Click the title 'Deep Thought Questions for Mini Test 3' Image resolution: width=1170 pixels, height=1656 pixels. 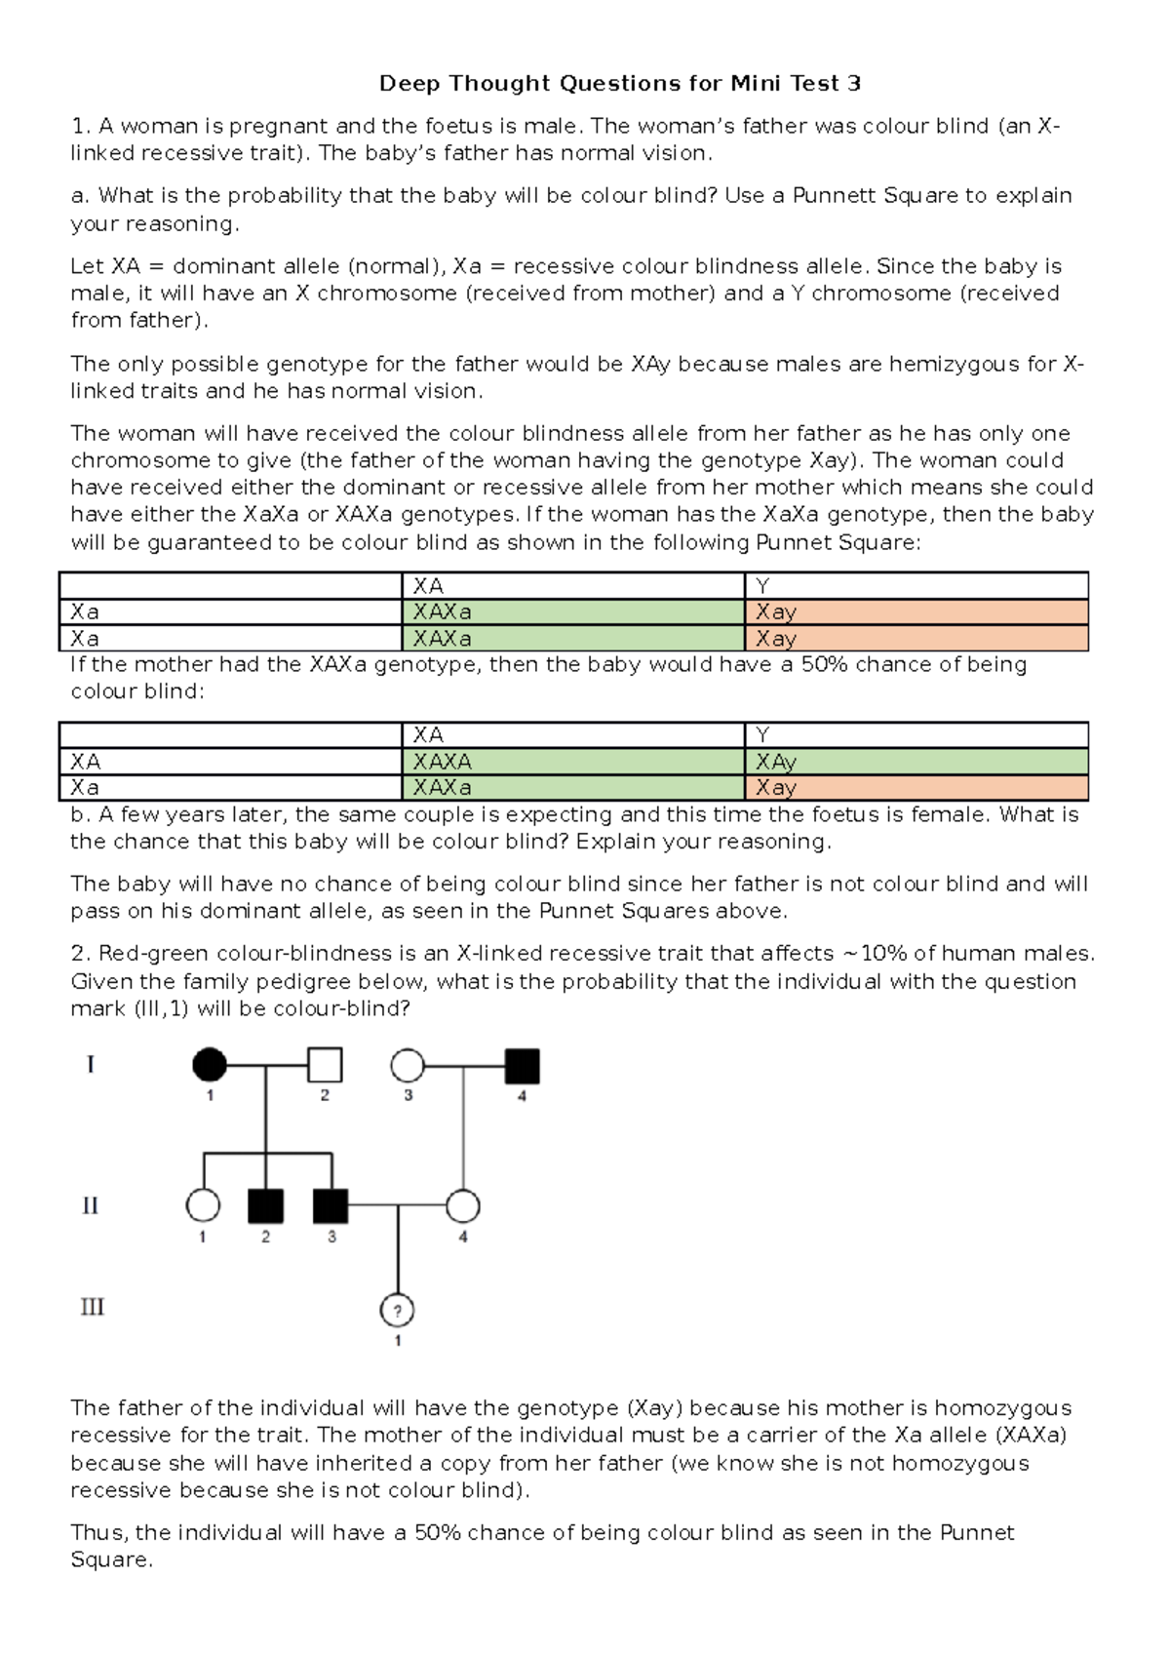pos(619,84)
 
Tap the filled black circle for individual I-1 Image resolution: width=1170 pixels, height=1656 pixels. pos(210,1065)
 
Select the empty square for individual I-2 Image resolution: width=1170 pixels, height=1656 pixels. pos(325,1065)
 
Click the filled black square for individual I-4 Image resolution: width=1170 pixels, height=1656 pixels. pos(522,1066)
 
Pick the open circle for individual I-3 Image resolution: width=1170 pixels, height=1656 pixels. pos(408,1066)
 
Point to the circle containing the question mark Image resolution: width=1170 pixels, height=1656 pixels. pos(397,1311)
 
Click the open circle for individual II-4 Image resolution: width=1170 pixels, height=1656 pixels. pos(463,1206)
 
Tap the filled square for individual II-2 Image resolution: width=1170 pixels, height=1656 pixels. pos(265,1206)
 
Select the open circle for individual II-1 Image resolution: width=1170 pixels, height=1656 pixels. pos(203,1206)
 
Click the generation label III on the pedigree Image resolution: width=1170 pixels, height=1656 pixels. pos(92,1307)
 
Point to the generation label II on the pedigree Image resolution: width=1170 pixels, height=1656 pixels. pos(90,1206)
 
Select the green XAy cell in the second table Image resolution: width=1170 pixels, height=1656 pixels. pos(776,762)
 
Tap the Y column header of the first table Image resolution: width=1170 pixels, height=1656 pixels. pos(762,586)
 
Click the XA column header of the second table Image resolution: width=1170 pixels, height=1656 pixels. pos(428,735)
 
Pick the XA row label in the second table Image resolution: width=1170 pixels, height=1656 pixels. pos(85,762)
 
